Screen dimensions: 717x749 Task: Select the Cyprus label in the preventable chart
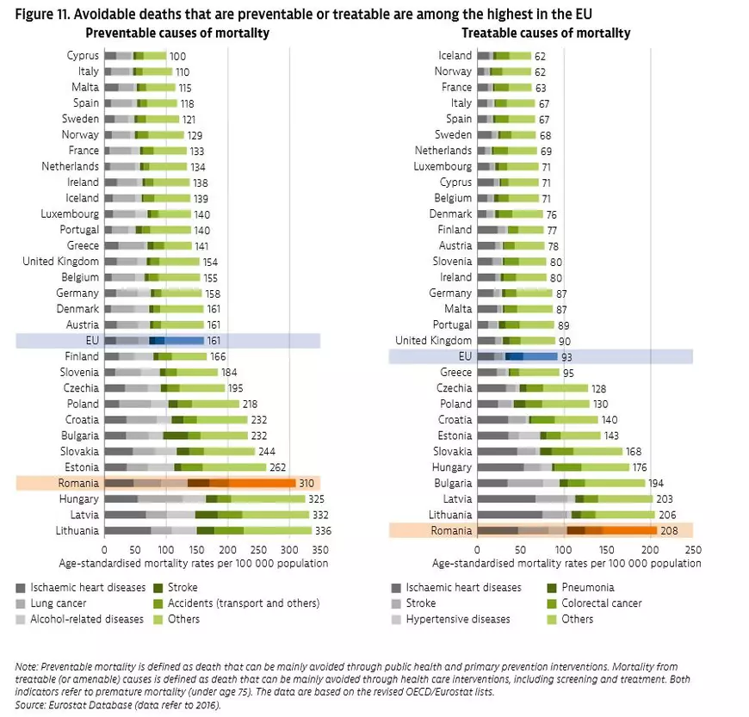[x=82, y=56]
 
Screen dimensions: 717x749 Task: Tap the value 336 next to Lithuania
[x=323, y=531]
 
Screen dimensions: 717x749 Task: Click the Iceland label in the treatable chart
[x=455, y=56]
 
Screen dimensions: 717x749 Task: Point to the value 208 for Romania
[x=669, y=531]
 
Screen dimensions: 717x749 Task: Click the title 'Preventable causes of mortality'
[x=177, y=33]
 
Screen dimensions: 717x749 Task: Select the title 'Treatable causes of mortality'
[x=546, y=33]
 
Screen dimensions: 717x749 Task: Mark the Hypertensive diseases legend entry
[x=457, y=619]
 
